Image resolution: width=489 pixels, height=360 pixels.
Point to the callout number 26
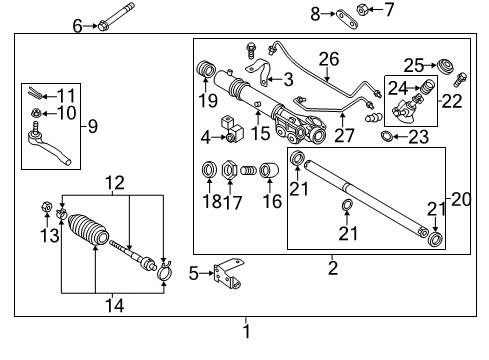coord(325,58)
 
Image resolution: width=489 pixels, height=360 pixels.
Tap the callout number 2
coord(332,268)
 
